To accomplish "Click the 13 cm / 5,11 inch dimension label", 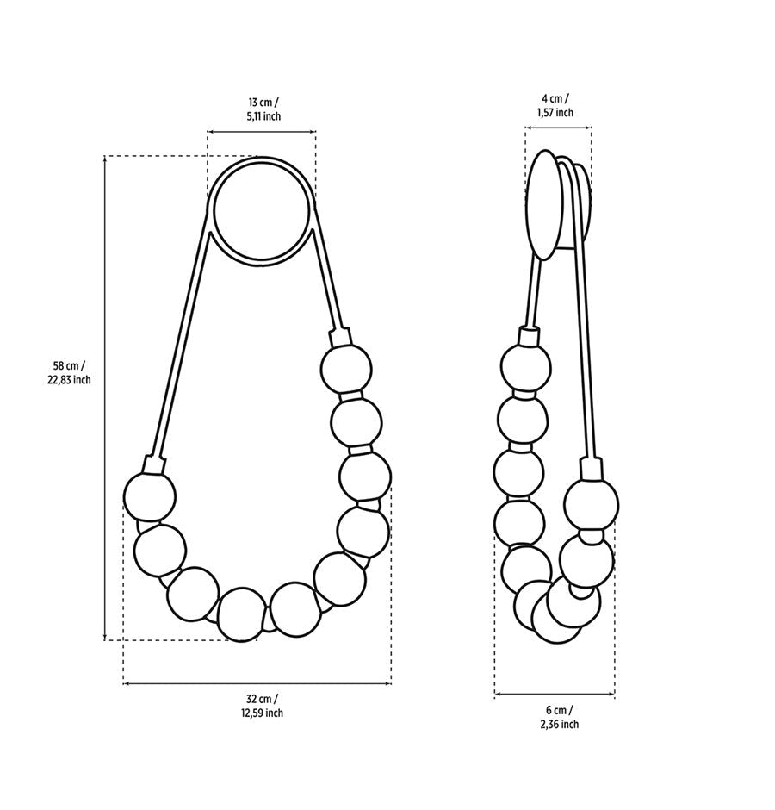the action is [263, 109].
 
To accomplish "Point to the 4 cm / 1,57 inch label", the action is [555, 105].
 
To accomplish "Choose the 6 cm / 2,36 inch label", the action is [559, 717].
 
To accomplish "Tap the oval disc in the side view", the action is [543, 204].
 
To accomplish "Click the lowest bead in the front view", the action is [242, 614].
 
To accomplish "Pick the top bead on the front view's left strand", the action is [150, 497].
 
